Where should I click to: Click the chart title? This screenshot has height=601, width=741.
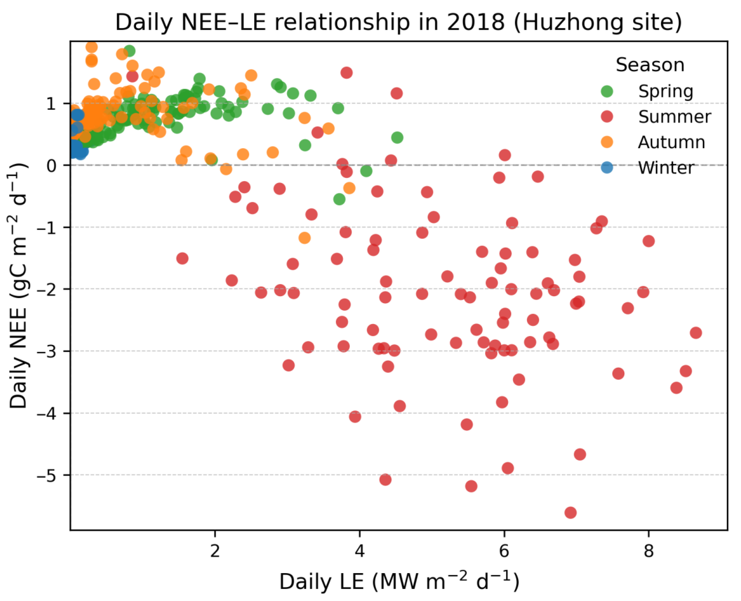[x=398, y=22]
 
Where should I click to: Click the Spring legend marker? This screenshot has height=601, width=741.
[x=607, y=91]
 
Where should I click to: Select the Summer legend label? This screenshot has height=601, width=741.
[x=674, y=117]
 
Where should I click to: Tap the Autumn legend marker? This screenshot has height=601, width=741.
[x=607, y=142]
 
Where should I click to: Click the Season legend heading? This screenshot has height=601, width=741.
[x=650, y=65]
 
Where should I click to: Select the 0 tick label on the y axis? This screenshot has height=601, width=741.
[x=51, y=165]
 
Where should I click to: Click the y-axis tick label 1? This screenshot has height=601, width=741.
[x=51, y=103]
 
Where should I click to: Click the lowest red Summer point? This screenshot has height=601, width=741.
[x=570, y=512]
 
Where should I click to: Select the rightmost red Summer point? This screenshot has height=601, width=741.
[x=696, y=333]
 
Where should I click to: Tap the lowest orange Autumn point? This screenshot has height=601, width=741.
[x=304, y=238]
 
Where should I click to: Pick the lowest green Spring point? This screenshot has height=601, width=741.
[x=339, y=199]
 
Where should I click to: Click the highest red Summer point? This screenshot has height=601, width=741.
[x=346, y=73]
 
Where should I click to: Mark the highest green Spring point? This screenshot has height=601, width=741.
[x=129, y=51]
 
